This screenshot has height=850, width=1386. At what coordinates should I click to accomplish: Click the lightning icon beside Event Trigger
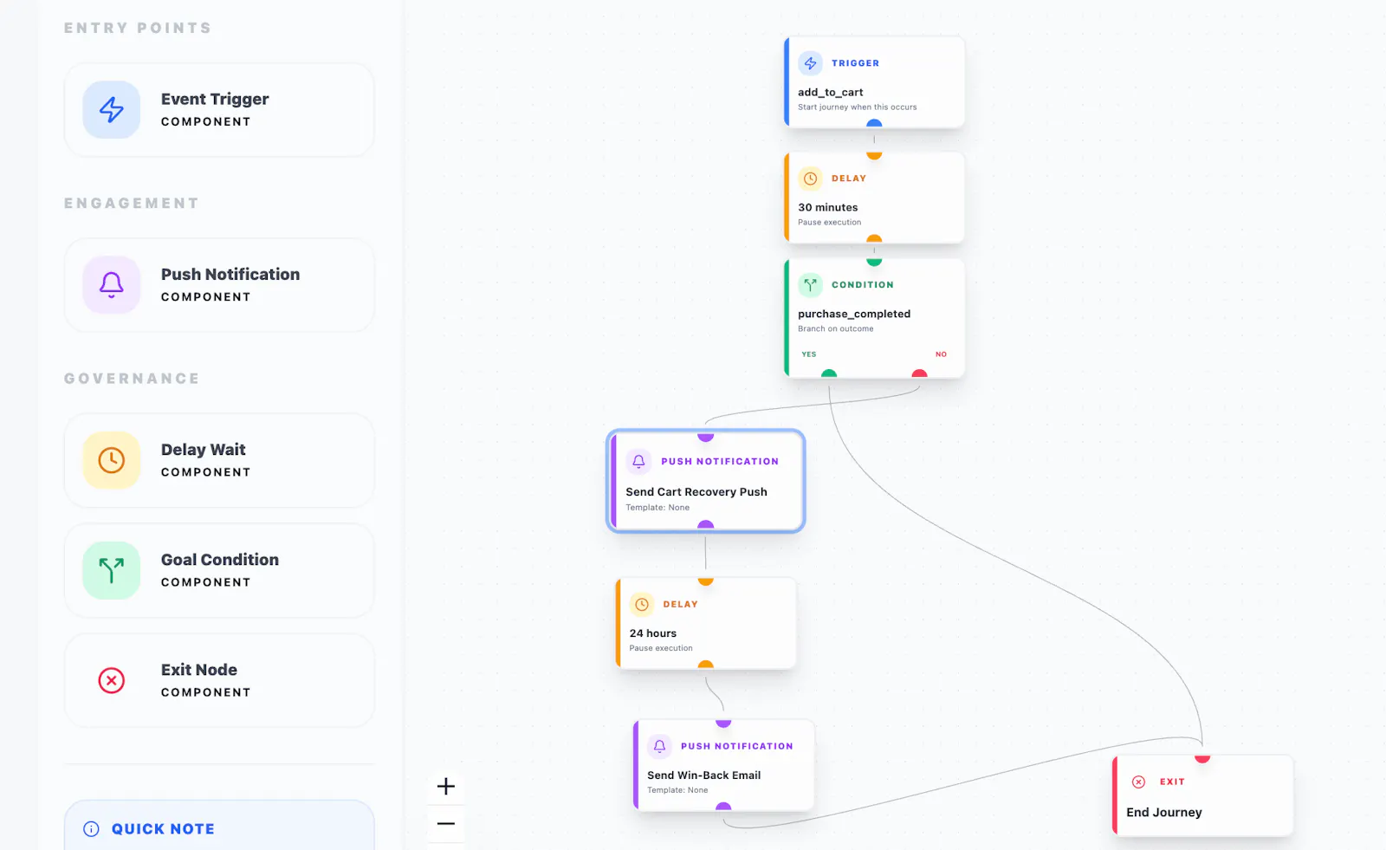pyautogui.click(x=112, y=109)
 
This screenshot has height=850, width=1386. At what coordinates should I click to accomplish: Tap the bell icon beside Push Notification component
pyautogui.click(x=112, y=285)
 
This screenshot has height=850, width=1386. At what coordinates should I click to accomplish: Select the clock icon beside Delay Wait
pyautogui.click(x=112, y=460)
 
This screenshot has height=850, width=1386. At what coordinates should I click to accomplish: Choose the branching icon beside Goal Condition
pyautogui.click(x=112, y=570)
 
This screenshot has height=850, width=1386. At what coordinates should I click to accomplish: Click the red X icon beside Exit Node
pyautogui.click(x=112, y=680)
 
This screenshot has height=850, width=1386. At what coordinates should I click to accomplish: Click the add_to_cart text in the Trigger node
pyautogui.click(x=830, y=92)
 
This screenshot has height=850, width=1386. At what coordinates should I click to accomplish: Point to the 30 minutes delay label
pyautogui.click(x=827, y=207)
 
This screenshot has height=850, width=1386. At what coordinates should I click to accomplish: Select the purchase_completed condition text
pyautogui.click(x=854, y=314)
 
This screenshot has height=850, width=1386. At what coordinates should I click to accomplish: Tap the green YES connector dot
pyautogui.click(x=828, y=373)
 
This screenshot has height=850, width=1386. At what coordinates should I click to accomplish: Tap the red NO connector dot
pyautogui.click(x=919, y=373)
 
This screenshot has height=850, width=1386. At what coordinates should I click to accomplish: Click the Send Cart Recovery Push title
pyautogui.click(x=696, y=491)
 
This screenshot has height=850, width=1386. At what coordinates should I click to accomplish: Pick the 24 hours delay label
pyautogui.click(x=653, y=633)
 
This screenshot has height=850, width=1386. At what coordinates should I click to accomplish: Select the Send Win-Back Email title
pyautogui.click(x=703, y=775)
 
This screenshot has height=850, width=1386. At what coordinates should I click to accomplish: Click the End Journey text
pyautogui.click(x=1164, y=812)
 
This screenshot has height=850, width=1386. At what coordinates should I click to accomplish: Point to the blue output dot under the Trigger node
pyautogui.click(x=874, y=124)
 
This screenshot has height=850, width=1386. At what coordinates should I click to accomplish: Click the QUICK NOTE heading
pyautogui.click(x=163, y=829)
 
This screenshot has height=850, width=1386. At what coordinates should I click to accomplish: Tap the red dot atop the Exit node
pyautogui.click(x=1202, y=758)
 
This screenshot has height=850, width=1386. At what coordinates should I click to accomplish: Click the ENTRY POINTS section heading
pyautogui.click(x=138, y=28)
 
